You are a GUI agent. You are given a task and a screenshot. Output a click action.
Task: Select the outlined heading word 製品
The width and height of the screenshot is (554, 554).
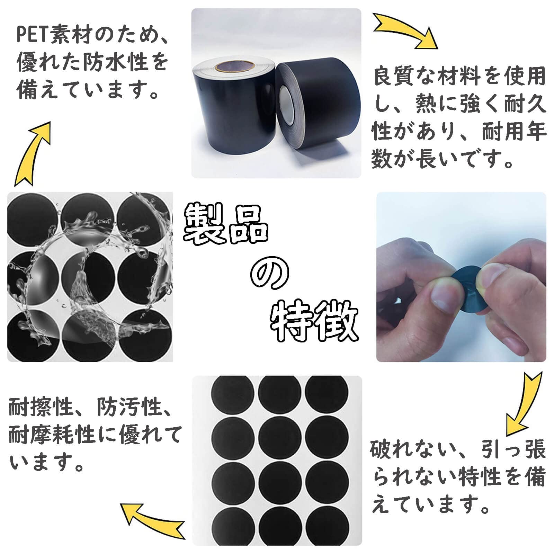tap(225, 224)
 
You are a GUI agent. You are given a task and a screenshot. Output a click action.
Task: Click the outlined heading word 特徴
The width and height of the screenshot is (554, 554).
tap(313, 320)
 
